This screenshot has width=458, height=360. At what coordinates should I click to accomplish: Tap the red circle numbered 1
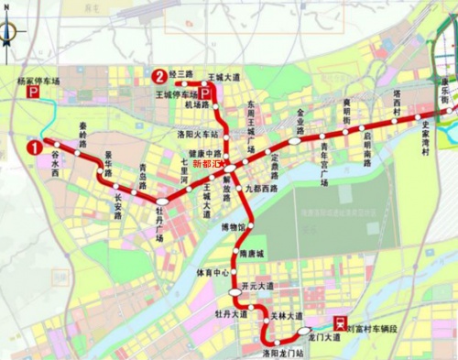[x=35, y=146]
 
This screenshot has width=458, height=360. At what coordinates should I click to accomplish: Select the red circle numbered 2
[x=160, y=75]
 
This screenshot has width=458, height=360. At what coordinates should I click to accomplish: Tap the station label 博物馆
[x=234, y=226]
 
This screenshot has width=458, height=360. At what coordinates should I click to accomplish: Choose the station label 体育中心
[x=212, y=273]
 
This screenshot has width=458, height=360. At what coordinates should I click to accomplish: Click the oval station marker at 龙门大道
[x=303, y=330]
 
